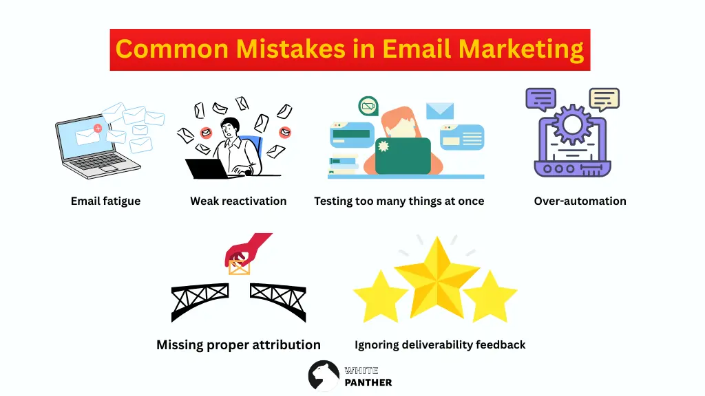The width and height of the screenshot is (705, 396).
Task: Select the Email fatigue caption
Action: click(x=105, y=201)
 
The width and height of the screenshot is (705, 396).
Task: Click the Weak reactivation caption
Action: click(x=238, y=201)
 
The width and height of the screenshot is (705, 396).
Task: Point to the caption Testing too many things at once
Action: click(x=399, y=201)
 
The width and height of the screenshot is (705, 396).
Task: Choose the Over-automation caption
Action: click(x=580, y=201)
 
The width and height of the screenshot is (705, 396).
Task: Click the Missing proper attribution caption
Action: click(x=238, y=345)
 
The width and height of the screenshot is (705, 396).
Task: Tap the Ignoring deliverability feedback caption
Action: click(x=440, y=345)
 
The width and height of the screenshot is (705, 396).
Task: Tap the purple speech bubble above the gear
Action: click(x=540, y=99)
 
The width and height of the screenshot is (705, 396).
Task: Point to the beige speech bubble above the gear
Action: click(x=604, y=99)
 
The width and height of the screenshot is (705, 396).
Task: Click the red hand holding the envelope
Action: click(x=249, y=248)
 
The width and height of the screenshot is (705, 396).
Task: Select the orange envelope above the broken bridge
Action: click(x=239, y=267)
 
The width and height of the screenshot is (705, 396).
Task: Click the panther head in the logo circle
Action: click(x=324, y=376)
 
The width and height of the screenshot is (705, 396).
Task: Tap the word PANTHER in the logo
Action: click(x=368, y=382)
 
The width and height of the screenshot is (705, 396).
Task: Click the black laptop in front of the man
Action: click(x=207, y=169)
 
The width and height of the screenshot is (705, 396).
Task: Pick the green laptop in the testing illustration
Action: click(x=403, y=156)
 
